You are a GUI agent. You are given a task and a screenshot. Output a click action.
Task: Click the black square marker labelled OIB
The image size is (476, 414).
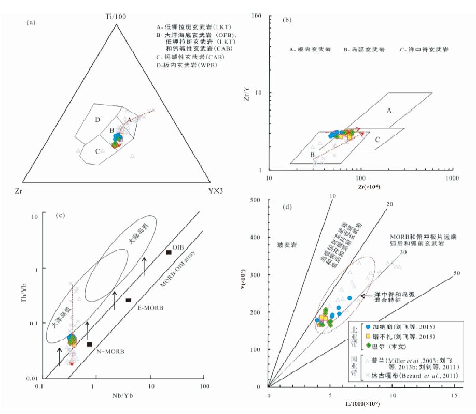click(x=169, y=252)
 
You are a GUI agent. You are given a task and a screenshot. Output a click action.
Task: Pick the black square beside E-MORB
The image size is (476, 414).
click(x=128, y=300)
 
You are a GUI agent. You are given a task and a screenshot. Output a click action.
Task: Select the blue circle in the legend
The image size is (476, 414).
click(x=368, y=327)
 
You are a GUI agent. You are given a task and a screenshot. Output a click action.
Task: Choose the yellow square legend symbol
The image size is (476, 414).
click(x=368, y=336)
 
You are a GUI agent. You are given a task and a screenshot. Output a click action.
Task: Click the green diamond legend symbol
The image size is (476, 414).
click(x=368, y=346)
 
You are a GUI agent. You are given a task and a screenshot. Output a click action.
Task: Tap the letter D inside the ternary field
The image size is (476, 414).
click(x=96, y=120)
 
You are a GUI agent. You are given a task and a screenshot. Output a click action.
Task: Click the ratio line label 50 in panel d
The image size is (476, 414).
click(x=456, y=273)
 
